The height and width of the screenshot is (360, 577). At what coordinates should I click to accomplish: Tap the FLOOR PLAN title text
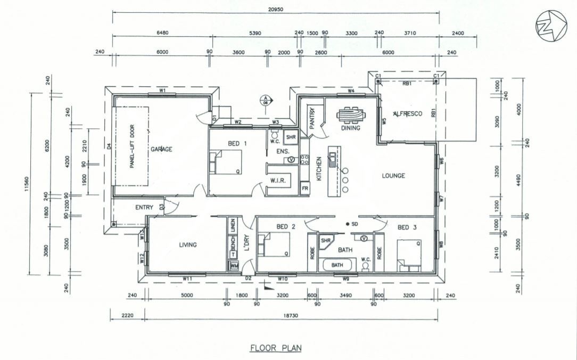coord(276,348)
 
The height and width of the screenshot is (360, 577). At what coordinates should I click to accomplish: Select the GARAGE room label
coord(161,150)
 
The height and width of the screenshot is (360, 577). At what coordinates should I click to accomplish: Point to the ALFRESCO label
coord(407,114)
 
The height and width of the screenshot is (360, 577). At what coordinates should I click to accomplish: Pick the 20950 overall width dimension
coord(275,9)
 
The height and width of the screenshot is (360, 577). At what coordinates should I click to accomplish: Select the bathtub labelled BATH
coord(337,265)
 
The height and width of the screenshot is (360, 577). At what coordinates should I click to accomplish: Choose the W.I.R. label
coord(278,181)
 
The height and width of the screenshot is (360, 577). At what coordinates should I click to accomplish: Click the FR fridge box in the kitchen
coord(305,189)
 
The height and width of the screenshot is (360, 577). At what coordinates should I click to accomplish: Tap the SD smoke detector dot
coord(347,224)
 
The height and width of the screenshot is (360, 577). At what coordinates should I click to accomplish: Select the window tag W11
coord(187,278)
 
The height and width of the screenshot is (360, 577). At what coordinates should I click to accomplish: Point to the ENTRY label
coord(144,208)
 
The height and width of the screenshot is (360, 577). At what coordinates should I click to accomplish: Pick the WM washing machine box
coord(234,265)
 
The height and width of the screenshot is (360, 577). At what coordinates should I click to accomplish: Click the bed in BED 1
coord(227,162)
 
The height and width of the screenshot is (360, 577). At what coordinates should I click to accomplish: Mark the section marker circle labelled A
coord(264,99)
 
